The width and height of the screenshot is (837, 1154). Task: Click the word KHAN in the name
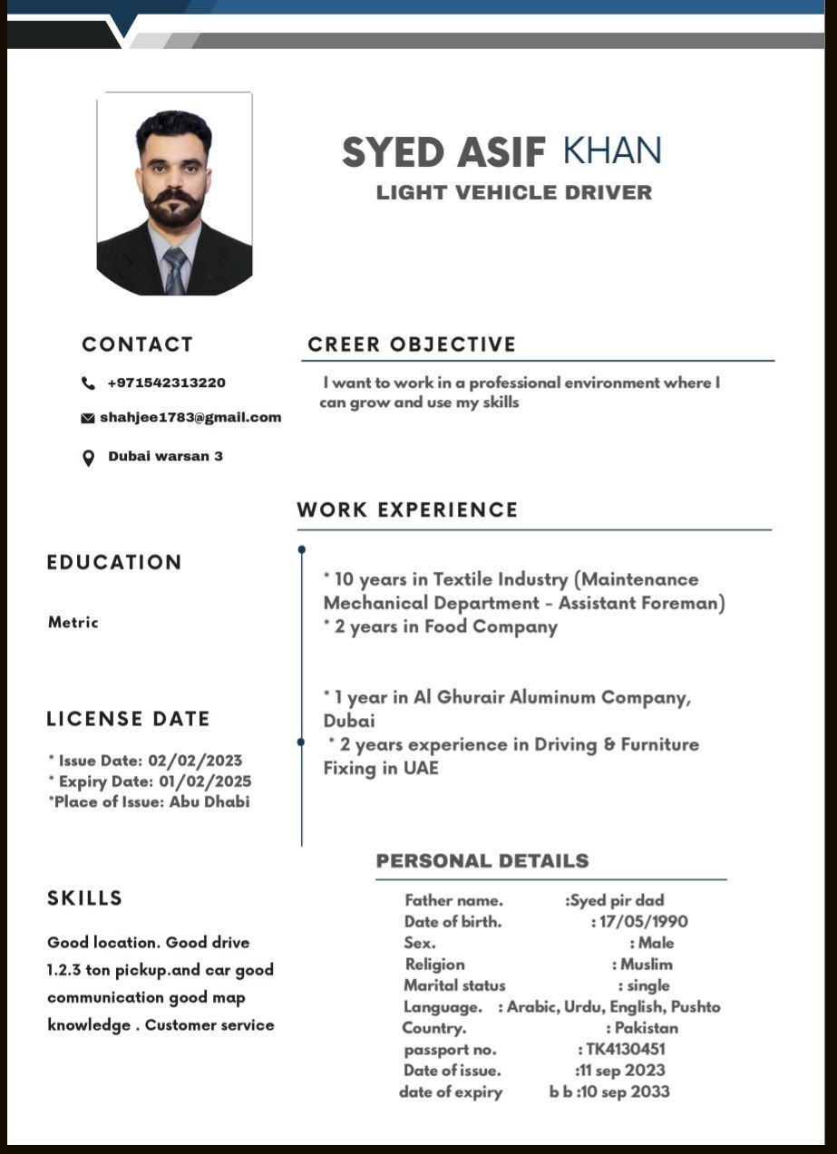pos(612,150)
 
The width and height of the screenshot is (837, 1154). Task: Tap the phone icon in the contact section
pos(88,383)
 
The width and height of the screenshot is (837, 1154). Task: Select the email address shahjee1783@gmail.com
pos(190,418)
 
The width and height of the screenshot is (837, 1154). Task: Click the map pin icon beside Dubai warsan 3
pos(88,458)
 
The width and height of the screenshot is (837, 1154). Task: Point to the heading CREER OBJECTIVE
pos(412,344)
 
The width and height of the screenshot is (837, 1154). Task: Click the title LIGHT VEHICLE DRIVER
pos(514,192)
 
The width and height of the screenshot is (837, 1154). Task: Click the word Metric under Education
pos(73,623)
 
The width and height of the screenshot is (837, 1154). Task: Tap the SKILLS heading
pos(84,898)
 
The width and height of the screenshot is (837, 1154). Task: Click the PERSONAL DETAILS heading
pos(482,861)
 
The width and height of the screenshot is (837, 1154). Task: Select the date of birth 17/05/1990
pos(643,922)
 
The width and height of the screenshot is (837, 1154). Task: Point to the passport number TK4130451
pos(625,1049)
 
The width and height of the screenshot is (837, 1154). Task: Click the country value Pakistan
pos(647,1028)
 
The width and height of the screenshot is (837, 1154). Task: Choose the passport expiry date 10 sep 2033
pos(626,1091)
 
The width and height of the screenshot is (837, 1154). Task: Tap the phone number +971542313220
pos(167,383)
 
